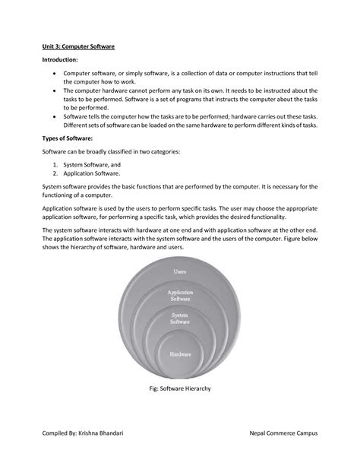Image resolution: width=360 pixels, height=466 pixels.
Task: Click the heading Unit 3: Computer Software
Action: click(x=77, y=47)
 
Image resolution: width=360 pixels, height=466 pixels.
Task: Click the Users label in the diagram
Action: click(x=180, y=271)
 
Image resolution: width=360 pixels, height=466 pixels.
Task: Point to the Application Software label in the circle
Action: click(x=180, y=295)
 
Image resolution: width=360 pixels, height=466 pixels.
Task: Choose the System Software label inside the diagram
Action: click(x=180, y=319)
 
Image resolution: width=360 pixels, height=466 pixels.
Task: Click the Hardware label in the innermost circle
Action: click(x=180, y=353)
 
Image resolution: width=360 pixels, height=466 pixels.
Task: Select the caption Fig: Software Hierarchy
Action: click(x=180, y=388)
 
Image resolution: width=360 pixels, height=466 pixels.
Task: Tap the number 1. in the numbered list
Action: click(x=56, y=164)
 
